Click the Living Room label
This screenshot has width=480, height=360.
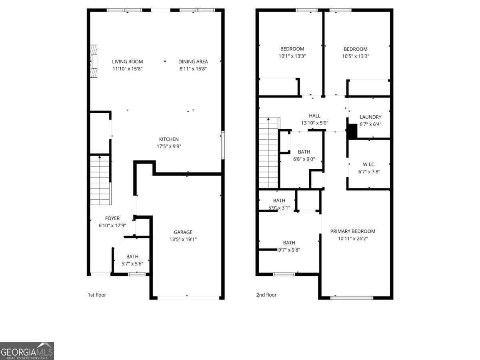(x=127, y=62)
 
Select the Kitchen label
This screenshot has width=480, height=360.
(x=169, y=139)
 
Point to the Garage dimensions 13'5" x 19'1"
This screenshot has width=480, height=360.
(x=183, y=239)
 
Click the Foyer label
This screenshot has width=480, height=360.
(x=112, y=218)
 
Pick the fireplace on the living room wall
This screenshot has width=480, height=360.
(x=94, y=62)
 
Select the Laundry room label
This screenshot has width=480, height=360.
(x=370, y=117)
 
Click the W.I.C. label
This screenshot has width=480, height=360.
(x=369, y=164)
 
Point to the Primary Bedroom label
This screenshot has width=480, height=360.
(x=352, y=231)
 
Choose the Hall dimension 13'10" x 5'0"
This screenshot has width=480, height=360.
(x=314, y=123)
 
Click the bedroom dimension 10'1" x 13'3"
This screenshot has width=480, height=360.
(x=292, y=56)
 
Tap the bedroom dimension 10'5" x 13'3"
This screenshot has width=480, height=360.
(x=355, y=56)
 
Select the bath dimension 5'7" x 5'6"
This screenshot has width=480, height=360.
(x=132, y=264)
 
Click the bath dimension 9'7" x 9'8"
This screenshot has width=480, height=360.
(x=289, y=250)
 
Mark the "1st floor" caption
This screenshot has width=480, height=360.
(x=97, y=295)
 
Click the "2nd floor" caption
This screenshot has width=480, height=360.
(x=266, y=295)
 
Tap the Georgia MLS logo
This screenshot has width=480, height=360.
(x=27, y=351)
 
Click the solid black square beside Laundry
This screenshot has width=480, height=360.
(x=352, y=132)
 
